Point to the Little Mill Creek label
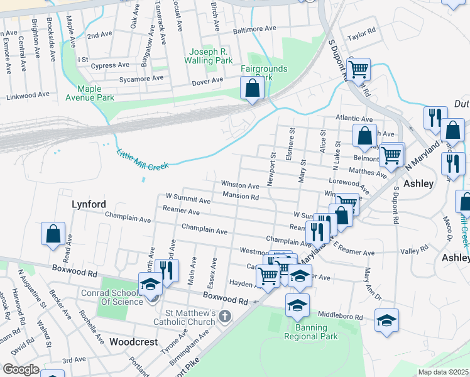(143, 158)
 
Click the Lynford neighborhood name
(89, 204)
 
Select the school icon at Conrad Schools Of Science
(150, 285)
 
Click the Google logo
(20, 369)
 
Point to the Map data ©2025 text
(442, 372)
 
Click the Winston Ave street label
(239, 185)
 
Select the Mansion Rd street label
(241, 196)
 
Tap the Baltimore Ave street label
(254, 29)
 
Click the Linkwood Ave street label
(28, 95)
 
